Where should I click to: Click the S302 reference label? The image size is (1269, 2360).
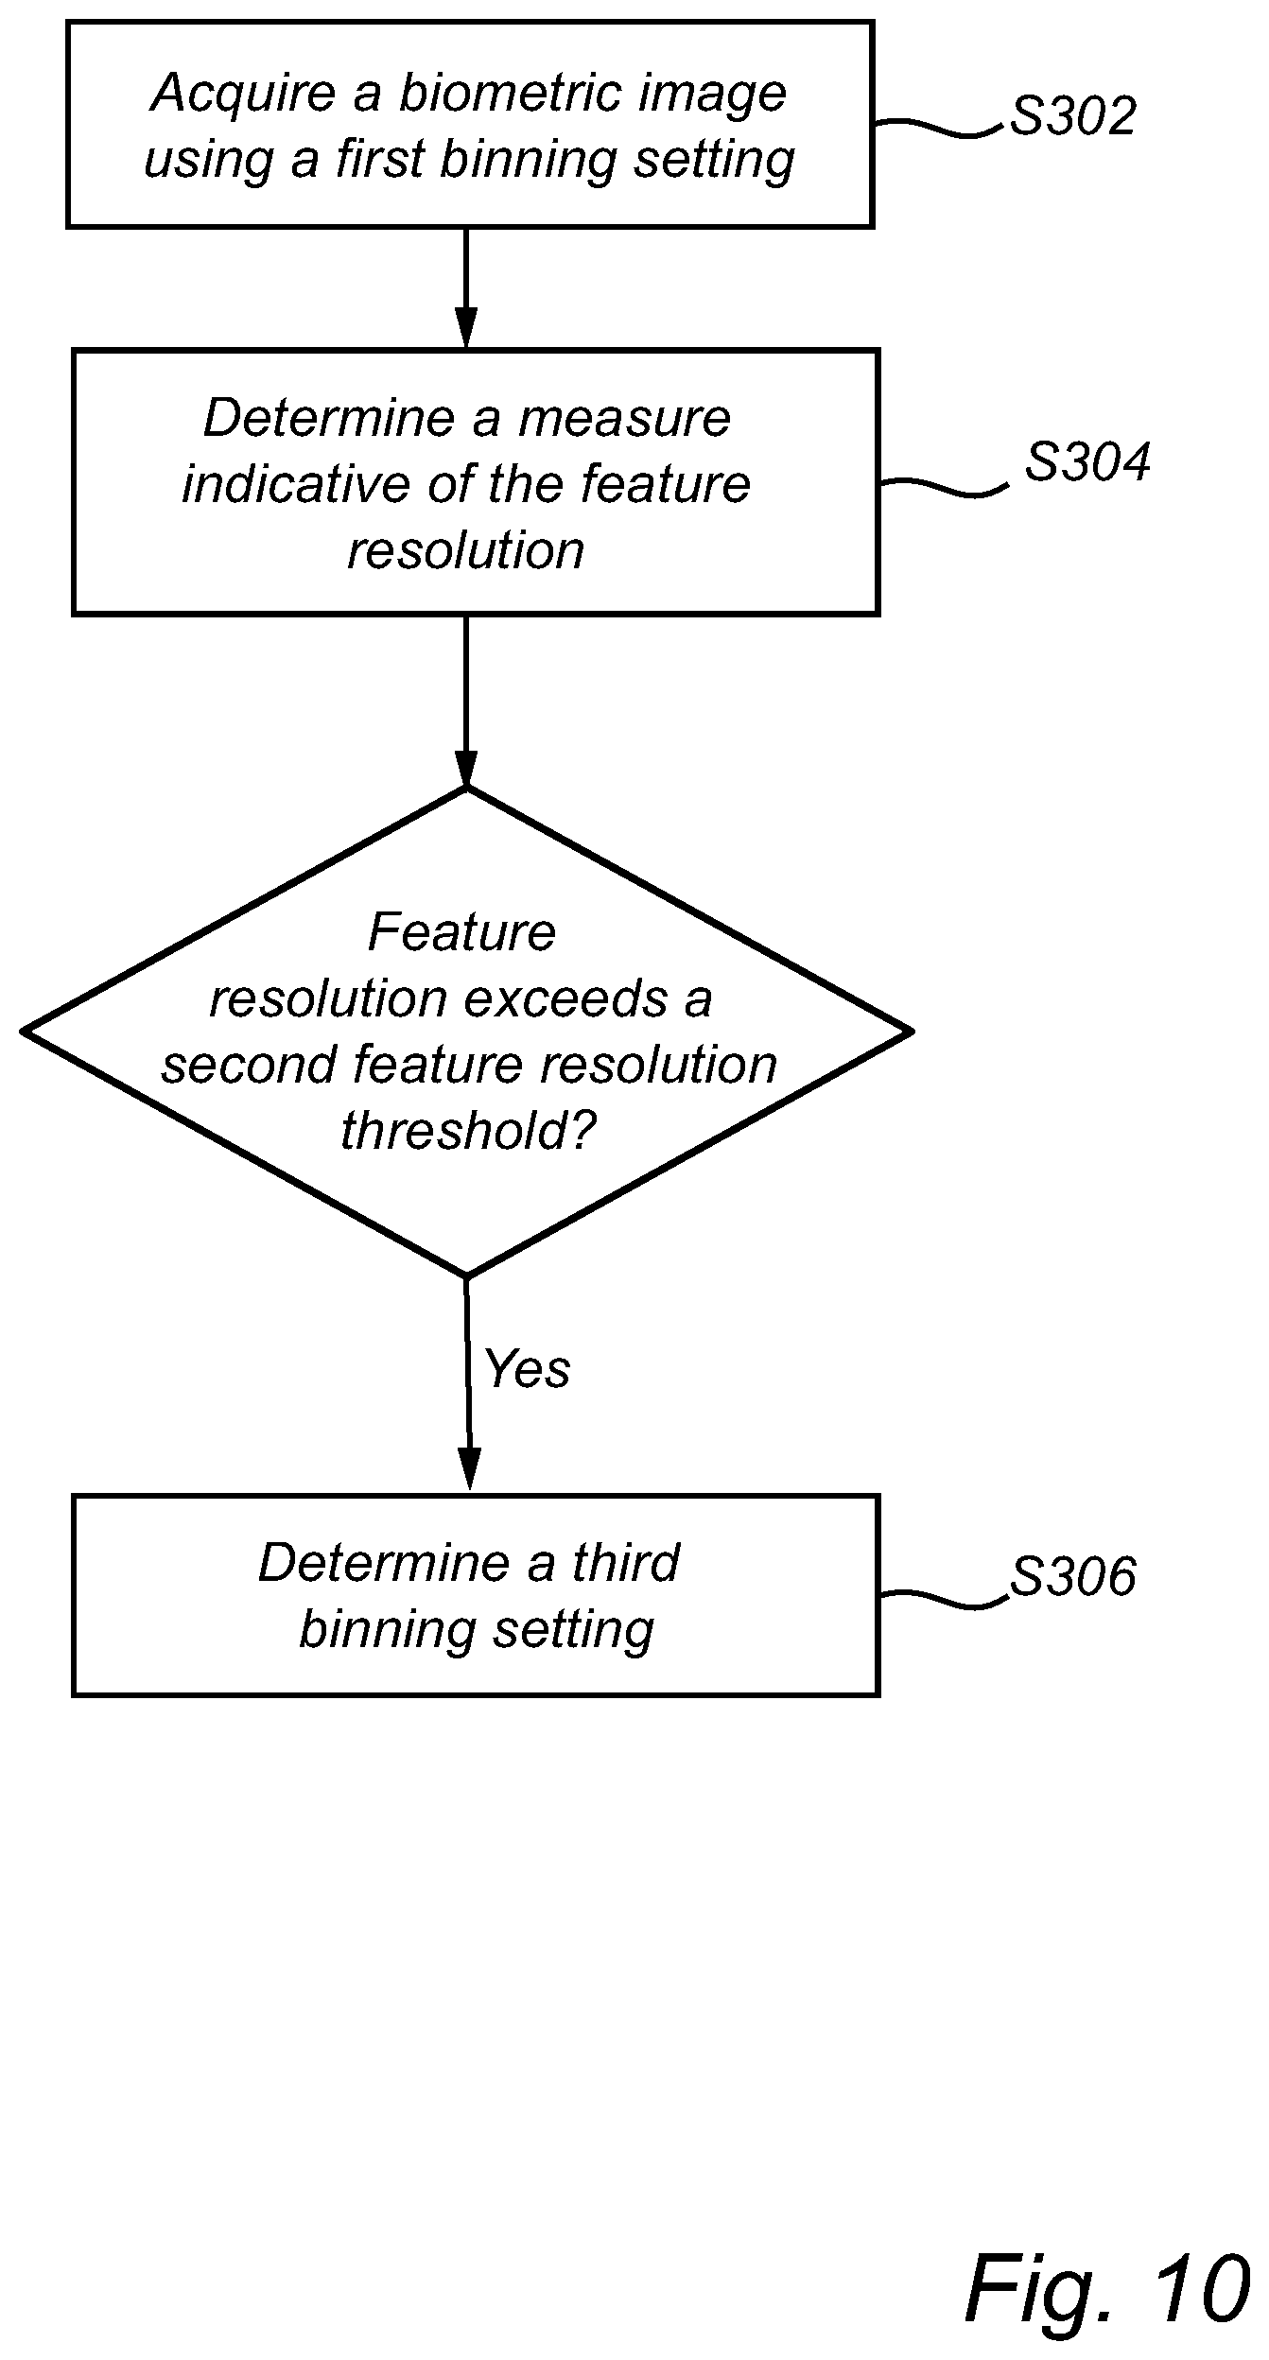pos(1073,116)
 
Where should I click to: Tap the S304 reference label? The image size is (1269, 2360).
pos(1088,462)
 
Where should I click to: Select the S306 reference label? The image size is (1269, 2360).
pos(1073,1576)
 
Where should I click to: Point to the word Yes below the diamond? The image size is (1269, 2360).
pos(527,1368)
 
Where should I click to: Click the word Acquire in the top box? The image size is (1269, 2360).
pos(244,95)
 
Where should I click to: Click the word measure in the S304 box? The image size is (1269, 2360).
pos(624,419)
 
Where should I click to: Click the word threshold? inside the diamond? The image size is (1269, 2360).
pos(469,1130)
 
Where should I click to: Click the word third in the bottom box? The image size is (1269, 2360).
pos(625,1562)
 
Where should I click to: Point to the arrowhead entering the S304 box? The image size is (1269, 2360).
pos(465,329)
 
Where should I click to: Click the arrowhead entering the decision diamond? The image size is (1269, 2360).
pos(465,768)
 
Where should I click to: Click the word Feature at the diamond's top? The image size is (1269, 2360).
pos(461,932)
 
